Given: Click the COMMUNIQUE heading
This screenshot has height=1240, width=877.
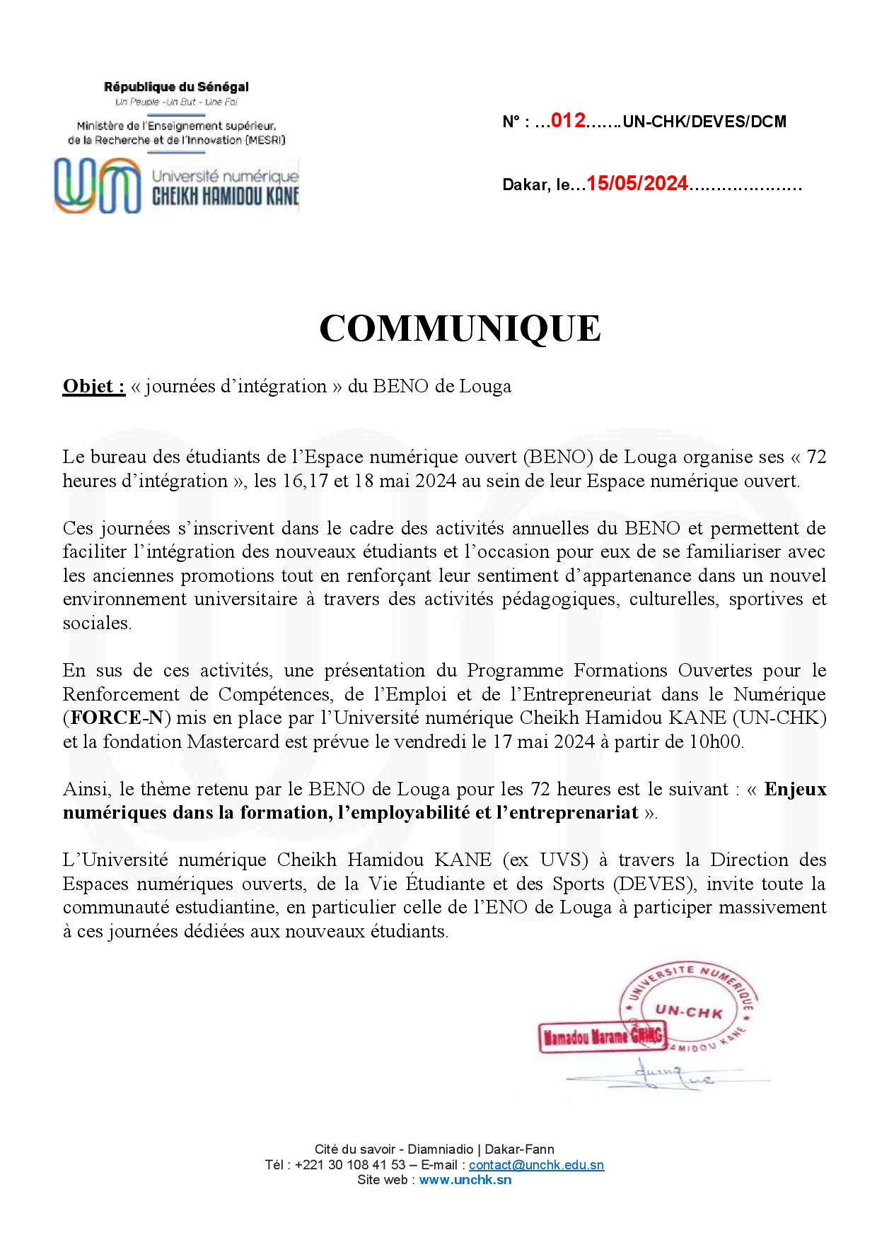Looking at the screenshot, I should (x=460, y=328).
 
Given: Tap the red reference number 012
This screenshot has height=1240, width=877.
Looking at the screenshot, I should (x=567, y=121).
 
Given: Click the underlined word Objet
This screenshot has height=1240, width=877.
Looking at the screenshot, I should (x=93, y=387).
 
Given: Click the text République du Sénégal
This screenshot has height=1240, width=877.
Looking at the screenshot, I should (x=176, y=88).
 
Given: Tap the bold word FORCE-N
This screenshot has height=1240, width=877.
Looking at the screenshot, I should (x=117, y=718).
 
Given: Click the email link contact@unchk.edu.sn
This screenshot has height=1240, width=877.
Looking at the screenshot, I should (x=536, y=1165).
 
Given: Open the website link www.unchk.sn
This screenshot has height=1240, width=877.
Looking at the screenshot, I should (x=465, y=1179).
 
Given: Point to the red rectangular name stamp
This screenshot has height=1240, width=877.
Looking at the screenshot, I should (x=603, y=1037).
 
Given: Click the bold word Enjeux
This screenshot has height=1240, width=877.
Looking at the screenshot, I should (x=796, y=789).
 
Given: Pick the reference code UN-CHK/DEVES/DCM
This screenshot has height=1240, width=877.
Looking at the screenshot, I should (x=704, y=122).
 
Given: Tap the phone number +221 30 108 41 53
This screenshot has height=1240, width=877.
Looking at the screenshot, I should (x=349, y=1165).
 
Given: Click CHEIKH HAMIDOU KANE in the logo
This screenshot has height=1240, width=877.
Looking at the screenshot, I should (x=226, y=197).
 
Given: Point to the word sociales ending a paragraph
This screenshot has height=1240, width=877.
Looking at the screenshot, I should (x=96, y=624).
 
